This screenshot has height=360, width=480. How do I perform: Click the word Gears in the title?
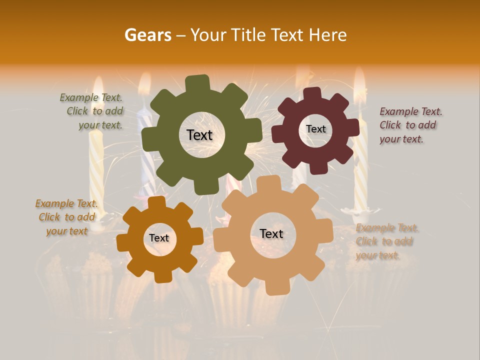point(147,35)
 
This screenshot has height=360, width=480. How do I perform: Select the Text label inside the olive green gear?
point(199,135)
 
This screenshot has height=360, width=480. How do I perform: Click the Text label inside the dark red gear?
point(315,129)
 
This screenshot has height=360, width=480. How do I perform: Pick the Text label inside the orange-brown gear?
point(159,238)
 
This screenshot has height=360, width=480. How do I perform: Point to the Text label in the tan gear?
point(271,233)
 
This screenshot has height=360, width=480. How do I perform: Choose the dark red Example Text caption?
point(410,125)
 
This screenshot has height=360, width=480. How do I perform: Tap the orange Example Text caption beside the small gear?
point(66,217)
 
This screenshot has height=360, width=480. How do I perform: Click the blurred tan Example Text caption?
point(386,241)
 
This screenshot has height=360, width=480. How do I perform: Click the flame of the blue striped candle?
point(144,85)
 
